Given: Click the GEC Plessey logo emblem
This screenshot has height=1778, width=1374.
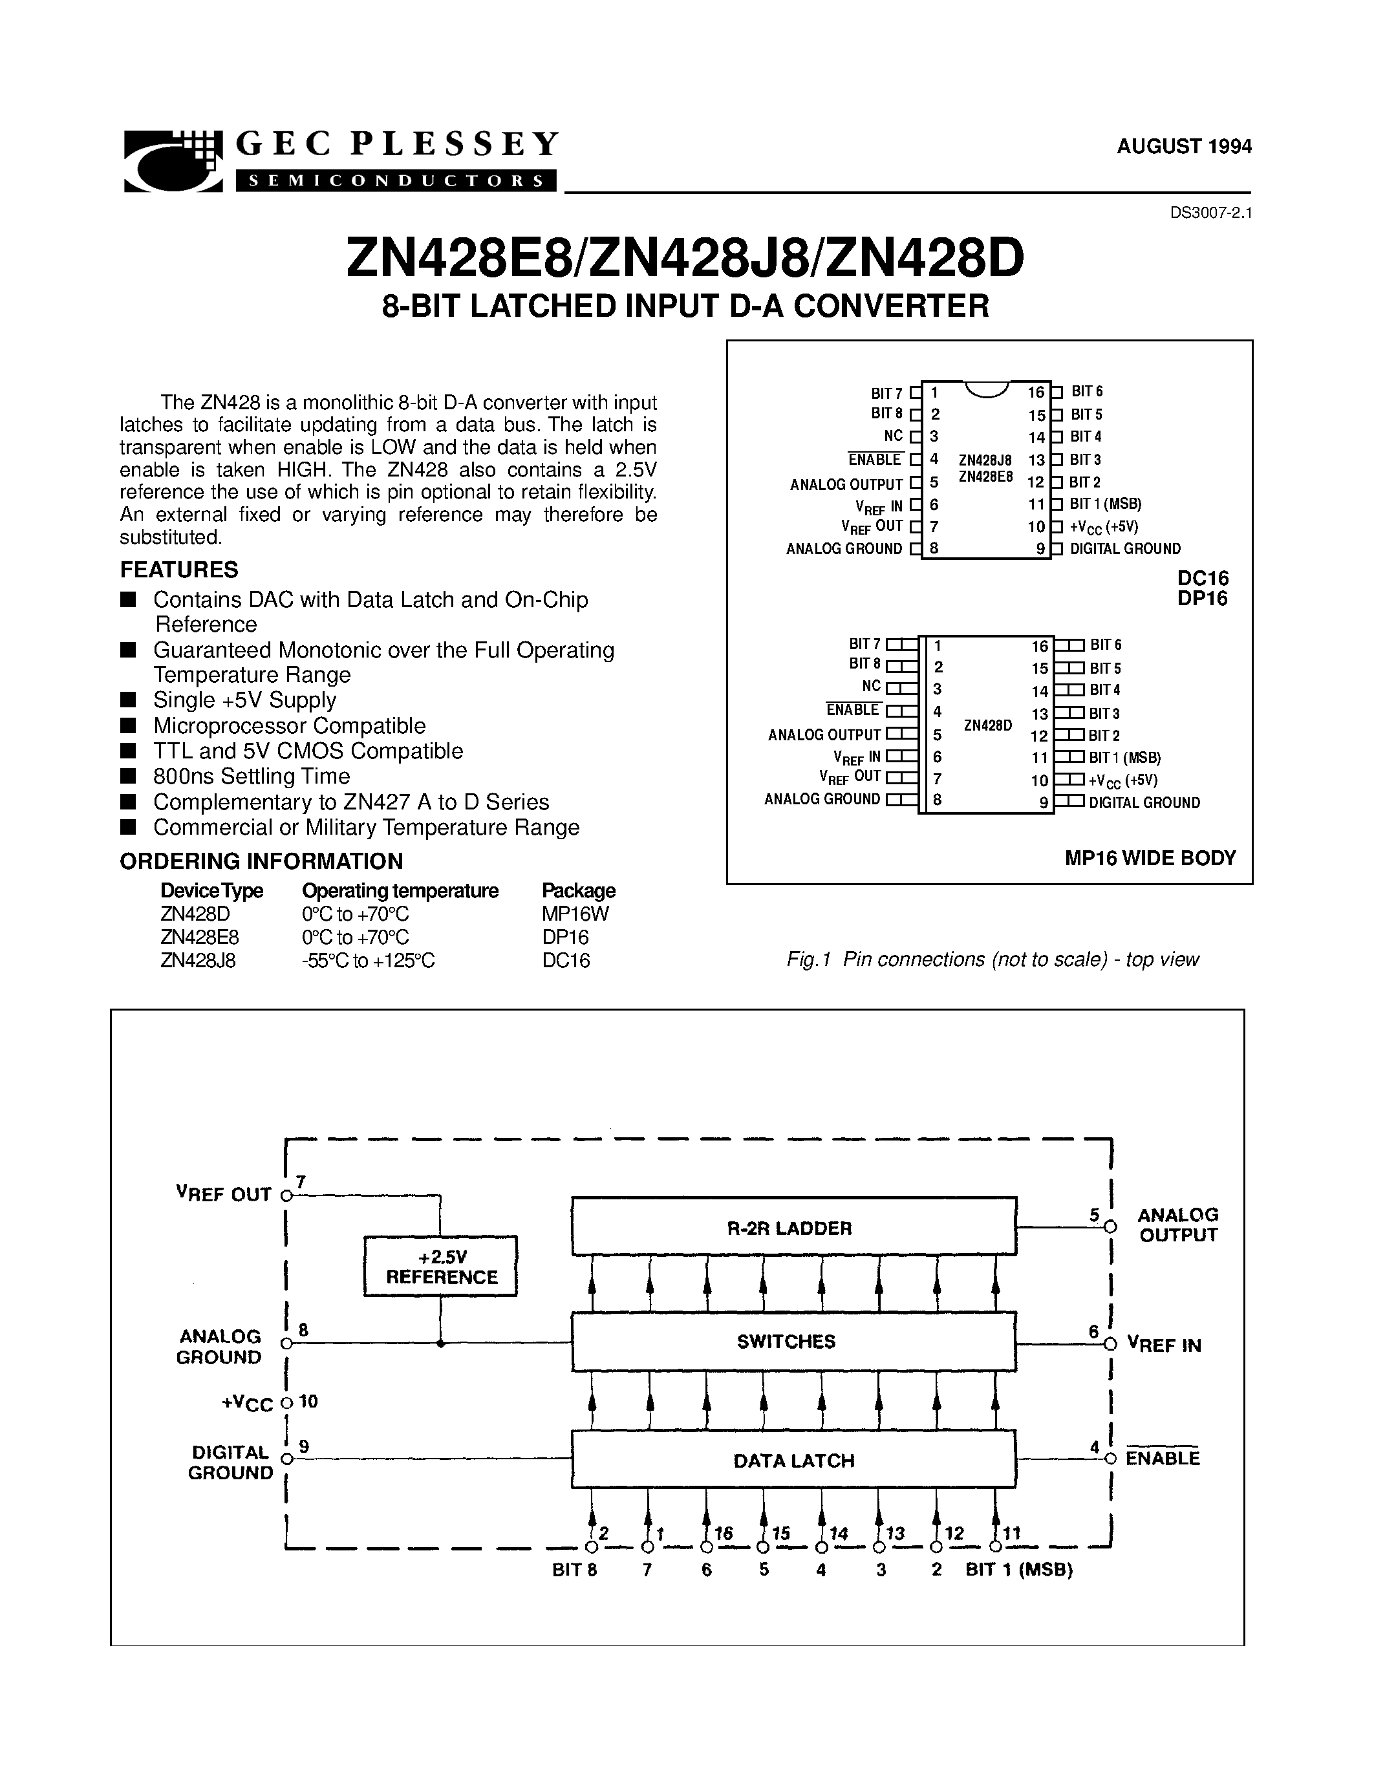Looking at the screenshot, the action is click(x=173, y=160).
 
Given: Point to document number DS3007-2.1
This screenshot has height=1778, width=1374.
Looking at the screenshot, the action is click(x=1210, y=213).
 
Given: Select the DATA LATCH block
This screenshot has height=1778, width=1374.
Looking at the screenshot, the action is click(x=793, y=1461).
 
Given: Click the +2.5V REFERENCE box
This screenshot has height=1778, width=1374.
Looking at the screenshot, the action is click(x=440, y=1266).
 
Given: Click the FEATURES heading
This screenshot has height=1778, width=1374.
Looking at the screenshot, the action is click(x=179, y=570).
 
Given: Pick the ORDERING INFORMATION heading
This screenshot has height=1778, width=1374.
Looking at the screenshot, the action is click(x=261, y=861).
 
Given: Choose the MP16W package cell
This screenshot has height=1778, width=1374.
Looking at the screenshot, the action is click(x=575, y=914).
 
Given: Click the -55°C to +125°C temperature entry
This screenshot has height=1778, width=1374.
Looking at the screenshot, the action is click(x=368, y=961).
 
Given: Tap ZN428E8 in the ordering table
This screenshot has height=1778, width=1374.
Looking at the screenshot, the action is click(x=199, y=937).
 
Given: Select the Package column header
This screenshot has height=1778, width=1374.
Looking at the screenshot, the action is click(x=578, y=891).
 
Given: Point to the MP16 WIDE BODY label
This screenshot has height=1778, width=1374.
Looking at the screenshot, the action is click(x=1150, y=858).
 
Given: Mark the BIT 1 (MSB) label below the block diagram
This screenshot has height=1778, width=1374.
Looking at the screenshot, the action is click(x=1018, y=1570).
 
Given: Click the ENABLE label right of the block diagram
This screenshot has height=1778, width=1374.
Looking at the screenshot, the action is click(x=1163, y=1458).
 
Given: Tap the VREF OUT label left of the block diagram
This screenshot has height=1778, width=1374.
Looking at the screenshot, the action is click(x=224, y=1194).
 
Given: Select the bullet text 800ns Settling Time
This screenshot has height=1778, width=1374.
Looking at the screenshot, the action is click(x=252, y=776).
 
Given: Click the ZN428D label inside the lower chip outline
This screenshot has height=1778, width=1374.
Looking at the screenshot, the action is click(x=987, y=725).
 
